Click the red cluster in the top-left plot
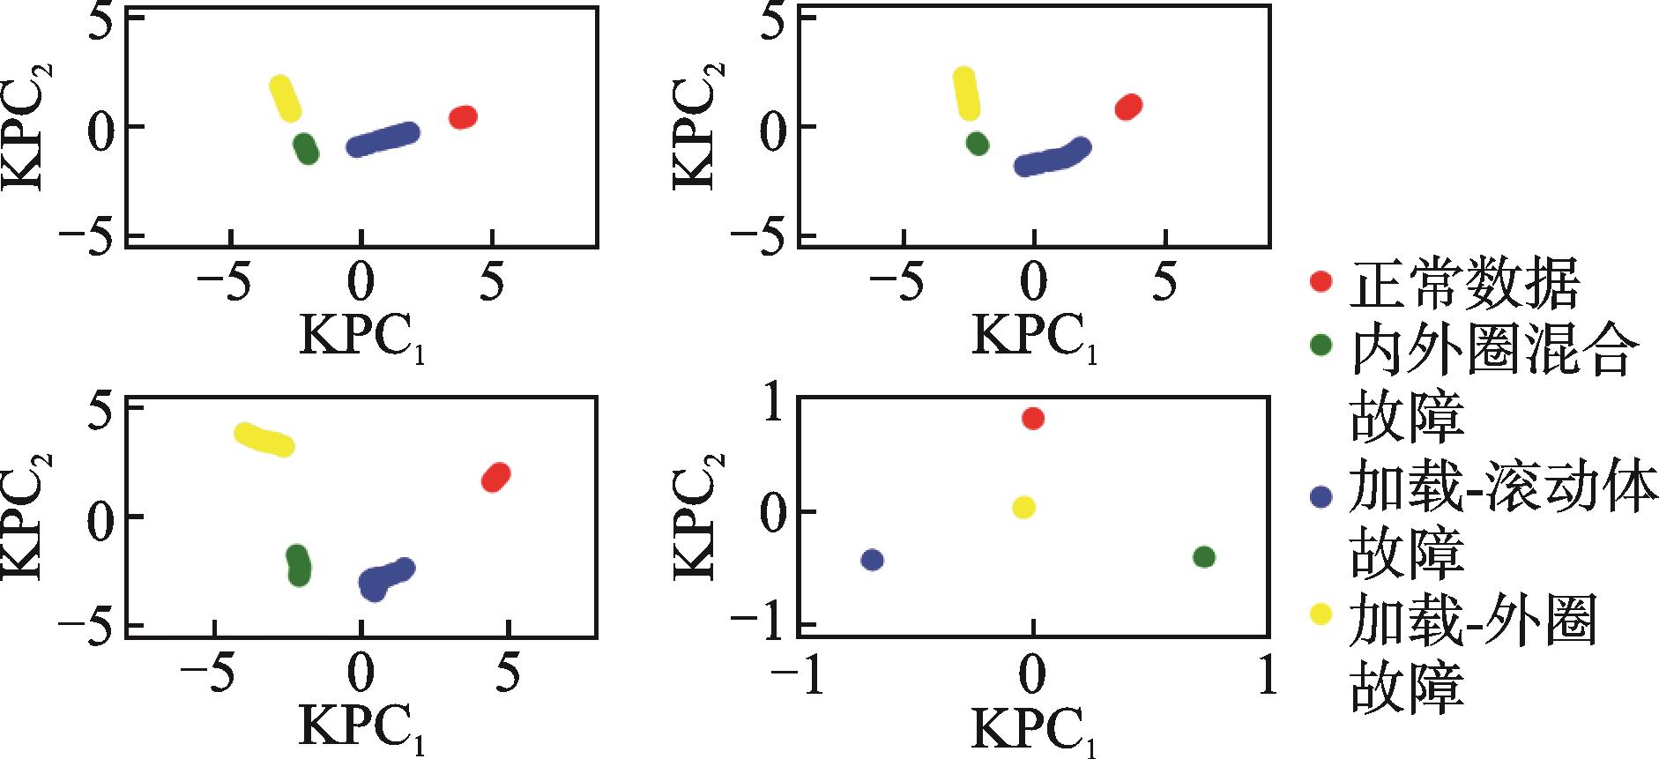tap(463, 116)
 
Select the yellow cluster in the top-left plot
tap(285, 99)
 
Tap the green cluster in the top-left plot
tap(306, 149)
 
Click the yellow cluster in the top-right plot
tap(967, 93)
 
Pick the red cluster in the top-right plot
tap(1128, 107)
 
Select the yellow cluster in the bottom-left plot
tap(264, 439)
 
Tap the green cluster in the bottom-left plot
tap(299, 565)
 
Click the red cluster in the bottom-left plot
tap(496, 477)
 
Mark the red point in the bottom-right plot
tap(1033, 418)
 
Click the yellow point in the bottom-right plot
tap(1023, 507)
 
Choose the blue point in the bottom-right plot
tap(872, 560)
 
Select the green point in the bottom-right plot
tap(1204, 557)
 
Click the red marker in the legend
tap(1320, 282)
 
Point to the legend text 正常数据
tap(1464, 284)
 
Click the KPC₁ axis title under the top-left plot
tap(362, 336)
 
